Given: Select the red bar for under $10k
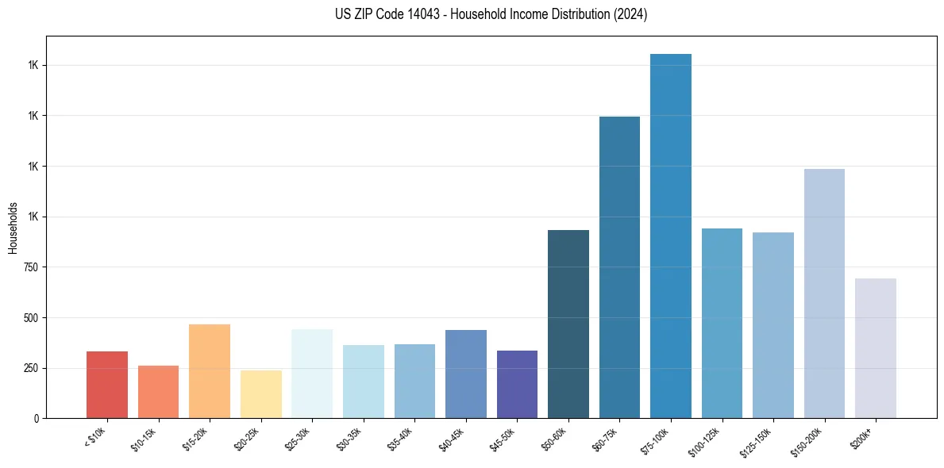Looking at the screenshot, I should pos(107,385).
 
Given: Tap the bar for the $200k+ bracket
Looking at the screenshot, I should pos(876,348).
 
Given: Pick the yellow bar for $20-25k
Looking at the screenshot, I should pos(261,394).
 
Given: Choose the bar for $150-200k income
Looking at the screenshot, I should pos(824,293).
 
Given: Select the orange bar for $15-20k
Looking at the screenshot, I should pos(210,371).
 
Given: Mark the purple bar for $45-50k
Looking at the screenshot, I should pos(517,384).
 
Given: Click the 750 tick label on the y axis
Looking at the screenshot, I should pos(30,267).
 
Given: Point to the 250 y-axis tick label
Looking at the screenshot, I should pos(30,368).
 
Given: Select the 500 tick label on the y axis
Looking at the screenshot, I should pos(30,318).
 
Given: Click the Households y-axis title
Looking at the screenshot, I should pos(13,228).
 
